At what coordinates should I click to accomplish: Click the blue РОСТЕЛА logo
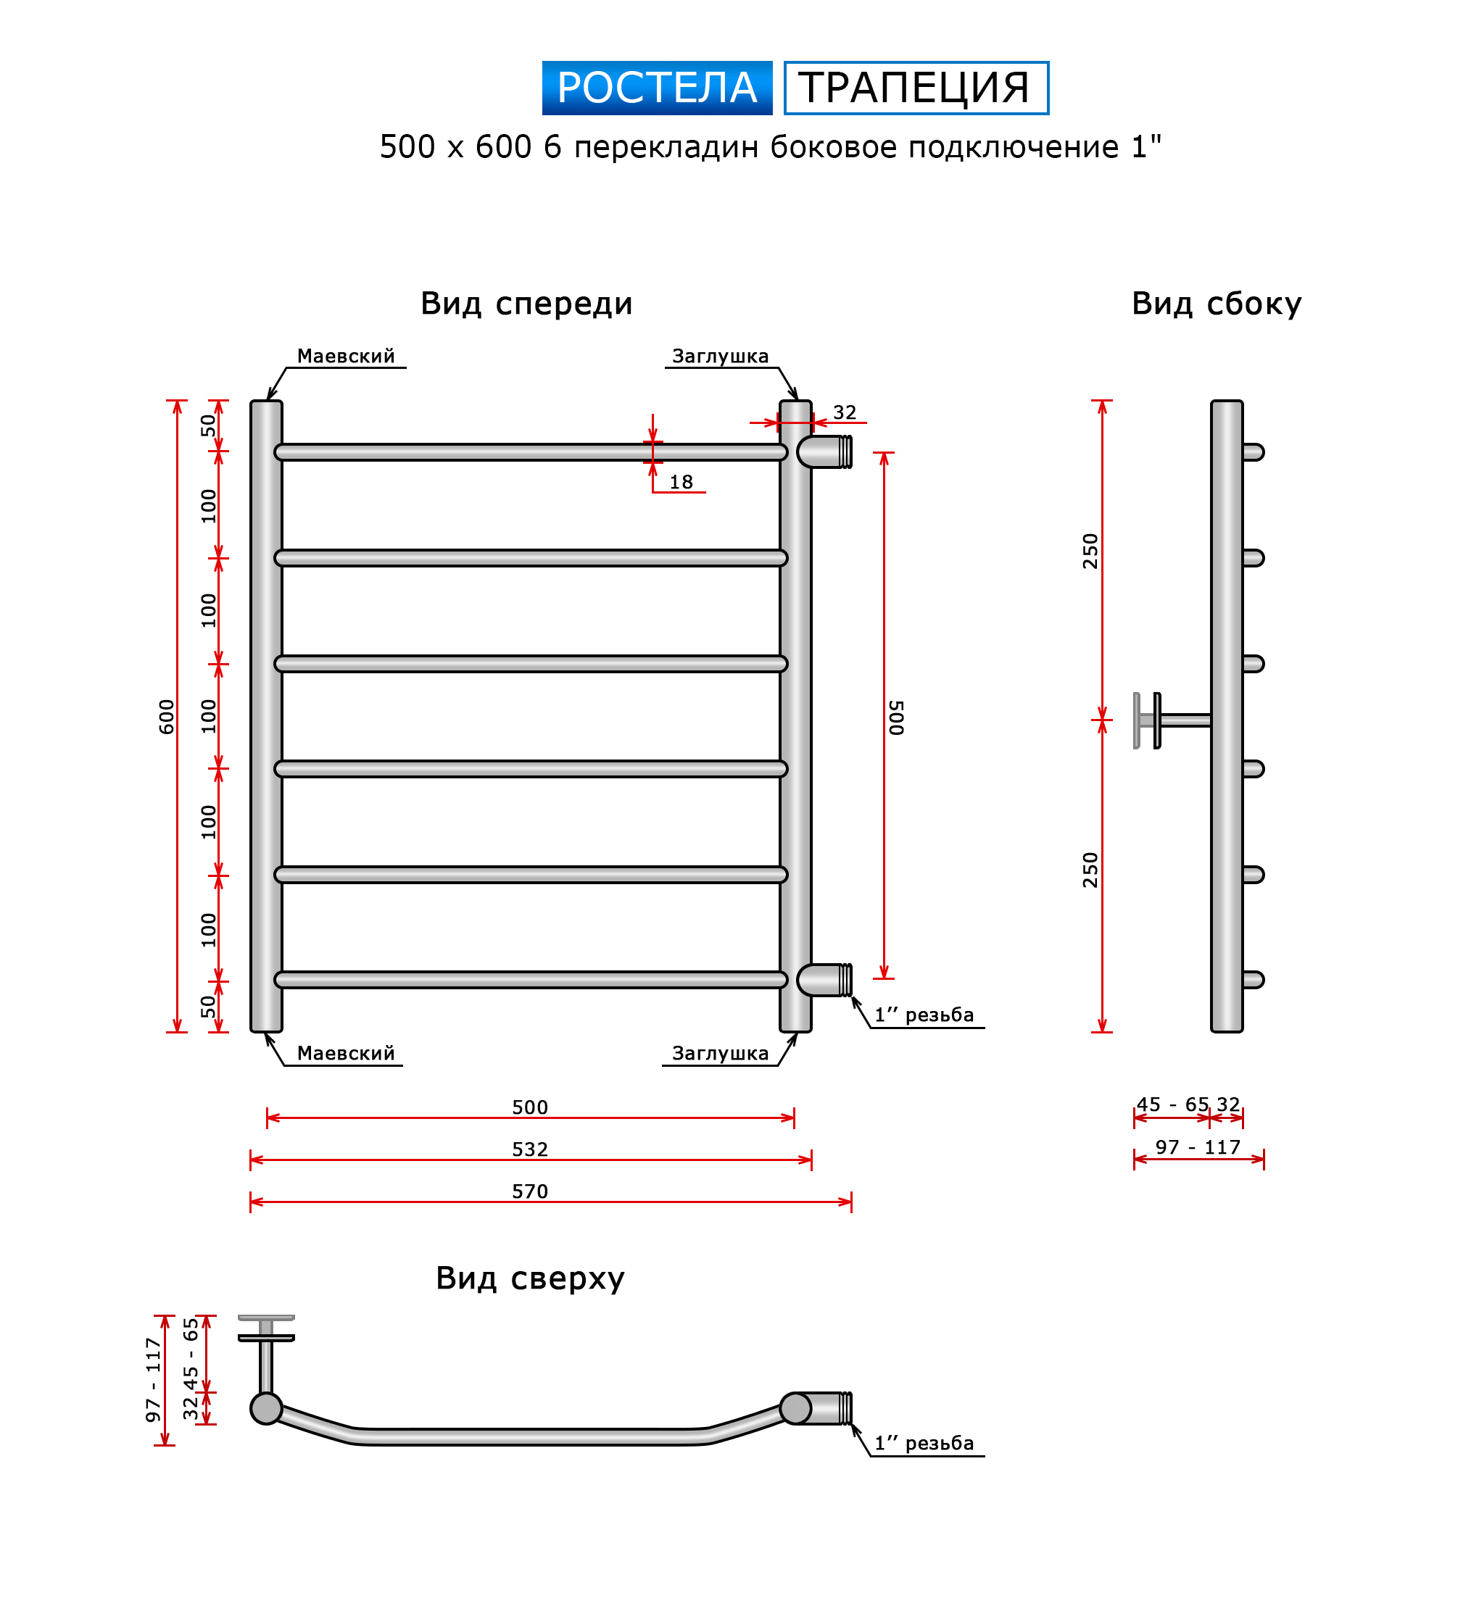(x=657, y=88)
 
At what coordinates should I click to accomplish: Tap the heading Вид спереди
(x=526, y=304)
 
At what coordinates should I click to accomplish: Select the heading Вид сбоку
(x=1217, y=304)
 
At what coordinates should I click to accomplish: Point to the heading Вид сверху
(x=530, y=1278)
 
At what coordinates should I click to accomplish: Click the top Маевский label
(x=346, y=356)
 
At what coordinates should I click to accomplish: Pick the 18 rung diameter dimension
(x=681, y=482)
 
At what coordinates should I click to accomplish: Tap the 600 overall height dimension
(x=167, y=717)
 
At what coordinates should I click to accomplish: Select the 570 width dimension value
(x=530, y=1191)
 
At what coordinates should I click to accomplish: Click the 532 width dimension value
(x=530, y=1149)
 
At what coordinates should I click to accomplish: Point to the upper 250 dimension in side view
(x=1090, y=552)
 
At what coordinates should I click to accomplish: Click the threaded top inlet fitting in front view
(x=824, y=452)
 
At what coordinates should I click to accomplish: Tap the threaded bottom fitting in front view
(x=824, y=981)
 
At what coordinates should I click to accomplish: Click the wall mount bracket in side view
(x=1172, y=721)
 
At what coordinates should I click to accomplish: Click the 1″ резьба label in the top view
(x=924, y=1443)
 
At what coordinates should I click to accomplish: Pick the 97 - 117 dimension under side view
(x=1198, y=1147)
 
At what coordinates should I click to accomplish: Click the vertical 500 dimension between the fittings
(x=896, y=717)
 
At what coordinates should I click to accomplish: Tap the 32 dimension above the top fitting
(x=845, y=412)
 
